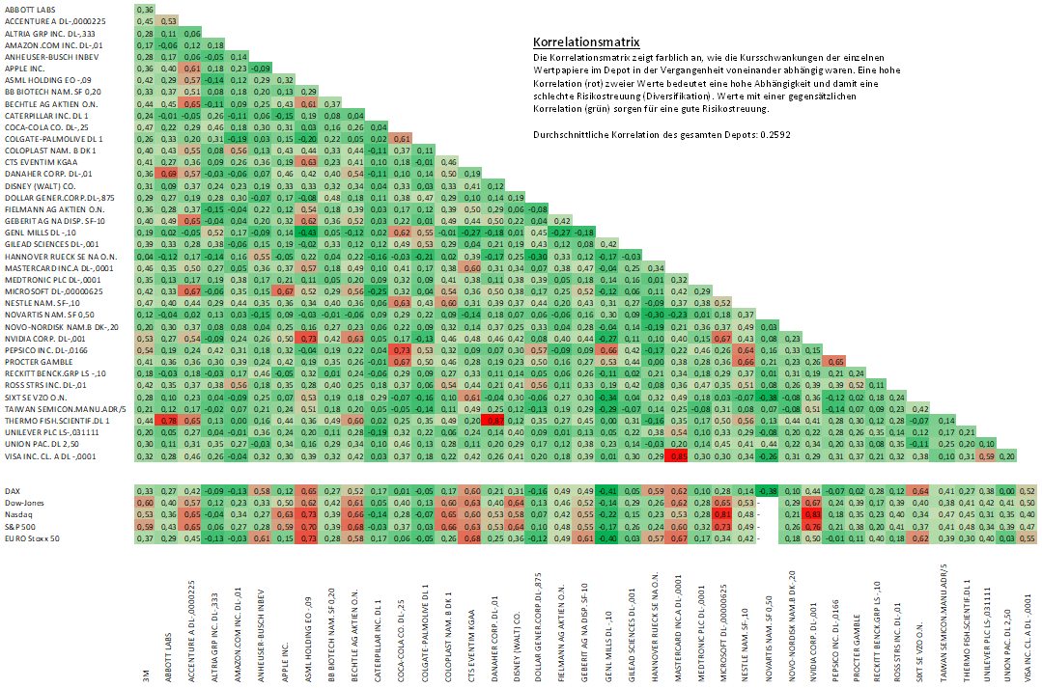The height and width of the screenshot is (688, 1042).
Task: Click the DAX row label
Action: click(x=13, y=491)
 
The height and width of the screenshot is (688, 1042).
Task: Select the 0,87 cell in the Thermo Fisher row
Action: click(x=493, y=420)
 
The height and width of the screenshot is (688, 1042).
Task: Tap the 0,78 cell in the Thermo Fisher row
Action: click(x=167, y=420)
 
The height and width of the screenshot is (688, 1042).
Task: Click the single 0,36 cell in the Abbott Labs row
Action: click(x=144, y=10)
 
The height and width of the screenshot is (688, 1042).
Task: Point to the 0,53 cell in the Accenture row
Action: click(x=167, y=20)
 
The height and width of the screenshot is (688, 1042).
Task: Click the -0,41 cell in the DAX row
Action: click(x=608, y=491)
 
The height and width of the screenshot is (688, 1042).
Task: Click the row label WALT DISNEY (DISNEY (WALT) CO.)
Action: click(x=41, y=185)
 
